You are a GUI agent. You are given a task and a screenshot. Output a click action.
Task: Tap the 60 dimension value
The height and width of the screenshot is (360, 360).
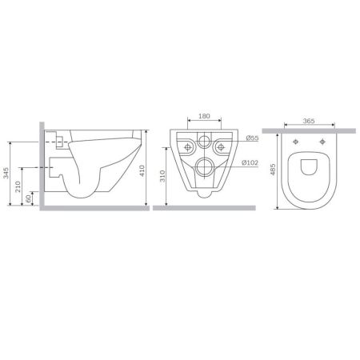[x=30, y=197]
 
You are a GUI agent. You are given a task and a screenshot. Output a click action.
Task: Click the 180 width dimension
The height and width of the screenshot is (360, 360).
[x=203, y=117]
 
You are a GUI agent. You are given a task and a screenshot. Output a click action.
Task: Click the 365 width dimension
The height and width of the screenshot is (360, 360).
[x=309, y=122]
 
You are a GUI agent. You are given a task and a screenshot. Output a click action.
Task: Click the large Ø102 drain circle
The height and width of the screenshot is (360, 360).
[x=205, y=167]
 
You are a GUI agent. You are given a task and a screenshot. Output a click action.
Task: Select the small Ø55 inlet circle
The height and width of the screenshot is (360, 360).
[x=204, y=145]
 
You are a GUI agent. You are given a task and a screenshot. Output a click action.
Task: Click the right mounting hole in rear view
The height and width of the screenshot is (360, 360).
[x=222, y=147]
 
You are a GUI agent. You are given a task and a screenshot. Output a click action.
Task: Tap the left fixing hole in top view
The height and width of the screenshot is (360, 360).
[x=298, y=142]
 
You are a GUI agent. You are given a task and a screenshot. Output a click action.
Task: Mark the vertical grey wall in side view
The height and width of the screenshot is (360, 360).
[x=38, y=164]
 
